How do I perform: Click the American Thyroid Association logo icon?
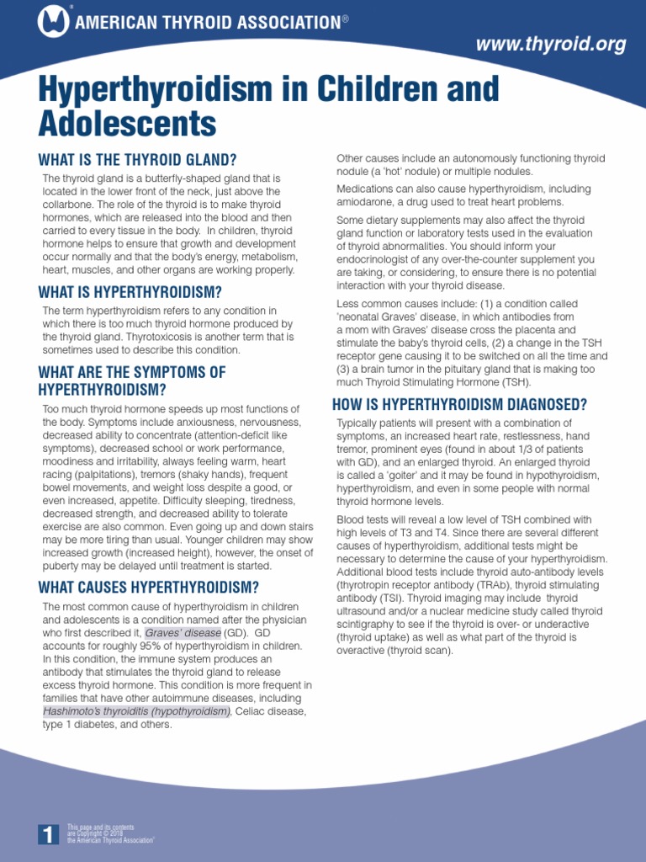(54, 21)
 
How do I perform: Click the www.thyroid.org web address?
(551, 45)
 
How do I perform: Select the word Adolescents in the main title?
(127, 124)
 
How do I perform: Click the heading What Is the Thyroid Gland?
(137, 160)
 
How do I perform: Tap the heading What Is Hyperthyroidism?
(130, 292)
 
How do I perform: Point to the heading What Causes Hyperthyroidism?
(148, 587)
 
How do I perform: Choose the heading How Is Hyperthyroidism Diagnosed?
(459, 404)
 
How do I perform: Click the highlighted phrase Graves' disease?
(183, 632)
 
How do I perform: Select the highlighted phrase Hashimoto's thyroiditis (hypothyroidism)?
(137, 711)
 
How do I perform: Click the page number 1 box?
(49, 834)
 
